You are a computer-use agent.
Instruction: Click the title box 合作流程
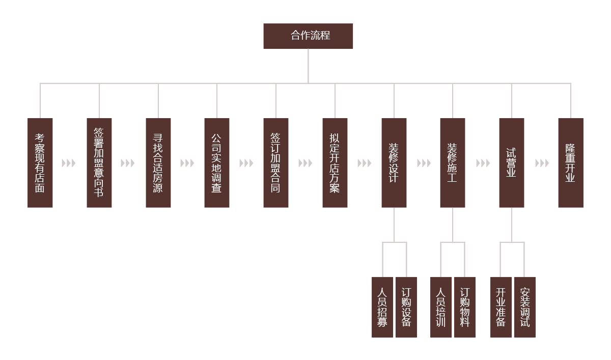point(308,36)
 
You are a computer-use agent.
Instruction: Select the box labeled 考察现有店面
point(40,163)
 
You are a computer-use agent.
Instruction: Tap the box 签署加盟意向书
point(99,163)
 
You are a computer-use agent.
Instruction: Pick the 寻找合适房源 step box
point(158,163)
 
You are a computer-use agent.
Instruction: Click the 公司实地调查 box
point(217,163)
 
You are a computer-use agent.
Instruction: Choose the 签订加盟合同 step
point(276,163)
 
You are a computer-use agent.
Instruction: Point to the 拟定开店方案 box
point(335,163)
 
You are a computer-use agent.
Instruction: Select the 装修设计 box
point(394,163)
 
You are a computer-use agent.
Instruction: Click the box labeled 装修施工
point(453,163)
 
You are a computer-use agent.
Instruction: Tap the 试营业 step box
point(512,163)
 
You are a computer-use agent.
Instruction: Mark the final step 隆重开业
point(571,163)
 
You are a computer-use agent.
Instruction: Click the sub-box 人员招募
point(382,308)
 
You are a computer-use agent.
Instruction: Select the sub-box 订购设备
point(406,308)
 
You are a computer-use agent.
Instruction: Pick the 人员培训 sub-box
point(441,308)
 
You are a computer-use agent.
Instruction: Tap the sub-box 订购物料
point(465,308)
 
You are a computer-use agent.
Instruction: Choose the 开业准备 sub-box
point(501,308)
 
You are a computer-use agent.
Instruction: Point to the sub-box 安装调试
point(525,308)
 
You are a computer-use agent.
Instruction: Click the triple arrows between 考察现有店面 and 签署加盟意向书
point(69,163)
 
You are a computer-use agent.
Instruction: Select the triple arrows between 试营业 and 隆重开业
point(542,163)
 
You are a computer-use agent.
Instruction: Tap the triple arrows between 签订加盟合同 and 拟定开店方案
point(305,163)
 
